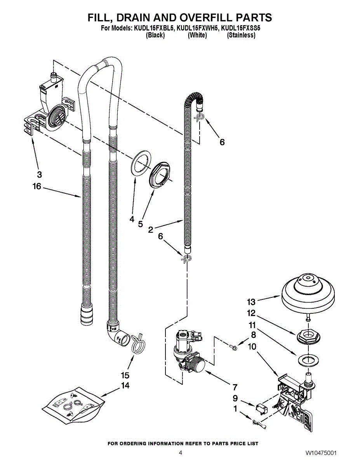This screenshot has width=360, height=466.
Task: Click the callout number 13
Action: click(251, 301)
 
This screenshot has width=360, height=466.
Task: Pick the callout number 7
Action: click(235, 387)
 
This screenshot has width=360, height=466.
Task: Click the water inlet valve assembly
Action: click(188, 351)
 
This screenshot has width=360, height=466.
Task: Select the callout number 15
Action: click(125, 376)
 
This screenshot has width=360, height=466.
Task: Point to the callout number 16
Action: click(37, 187)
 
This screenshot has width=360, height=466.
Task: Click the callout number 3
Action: click(40, 174)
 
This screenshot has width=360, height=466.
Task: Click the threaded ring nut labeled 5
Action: click(159, 177)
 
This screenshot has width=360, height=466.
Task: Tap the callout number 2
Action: click(150, 230)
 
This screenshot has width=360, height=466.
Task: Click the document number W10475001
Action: click(321, 453)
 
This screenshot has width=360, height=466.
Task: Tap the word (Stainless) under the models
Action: click(241, 35)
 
